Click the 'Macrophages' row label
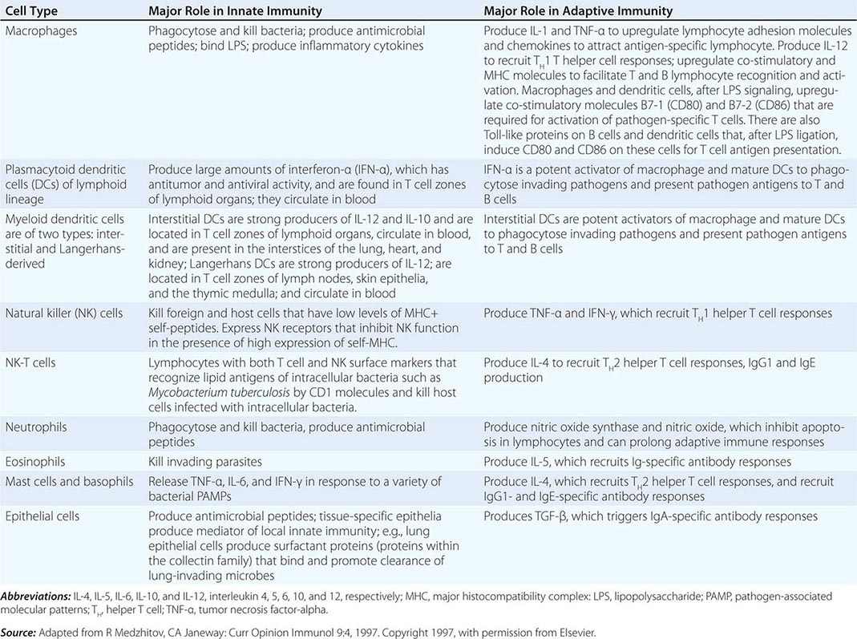point(38,30)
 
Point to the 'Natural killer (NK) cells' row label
point(64,313)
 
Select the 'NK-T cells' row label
point(31,363)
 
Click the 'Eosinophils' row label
point(36,462)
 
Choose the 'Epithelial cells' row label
point(41,517)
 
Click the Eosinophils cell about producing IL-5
point(637,462)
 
